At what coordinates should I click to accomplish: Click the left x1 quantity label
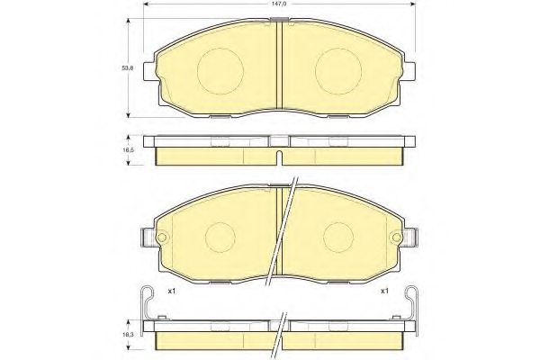(172, 291)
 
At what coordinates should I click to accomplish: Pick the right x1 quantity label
(384, 291)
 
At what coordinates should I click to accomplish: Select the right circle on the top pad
(337, 66)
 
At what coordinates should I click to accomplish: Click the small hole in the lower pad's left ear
(164, 238)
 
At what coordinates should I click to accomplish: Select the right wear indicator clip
(410, 303)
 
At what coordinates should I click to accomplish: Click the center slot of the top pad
(279, 65)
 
